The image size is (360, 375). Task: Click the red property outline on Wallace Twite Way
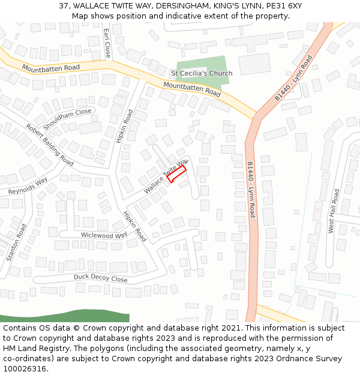(176, 174)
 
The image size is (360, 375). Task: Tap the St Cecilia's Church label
(202, 73)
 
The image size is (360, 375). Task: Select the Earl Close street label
(107, 43)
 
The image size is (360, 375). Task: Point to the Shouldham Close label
(67, 115)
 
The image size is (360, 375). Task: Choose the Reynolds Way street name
(28, 187)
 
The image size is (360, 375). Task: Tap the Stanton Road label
(16, 242)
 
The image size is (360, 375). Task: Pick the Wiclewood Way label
(104, 235)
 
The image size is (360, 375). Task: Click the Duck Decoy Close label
(100, 278)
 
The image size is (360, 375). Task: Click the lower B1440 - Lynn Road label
(251, 189)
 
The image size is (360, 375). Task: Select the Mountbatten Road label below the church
(192, 89)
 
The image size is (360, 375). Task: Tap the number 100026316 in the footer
(23, 368)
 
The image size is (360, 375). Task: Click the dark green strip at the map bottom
(65, 316)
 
